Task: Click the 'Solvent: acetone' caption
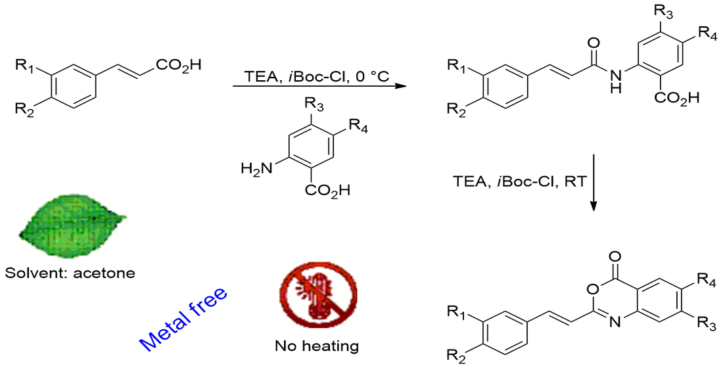(70, 273)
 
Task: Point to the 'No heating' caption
(317, 346)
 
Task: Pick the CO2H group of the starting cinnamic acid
(179, 65)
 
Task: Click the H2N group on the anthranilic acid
(256, 170)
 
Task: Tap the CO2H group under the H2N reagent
(327, 189)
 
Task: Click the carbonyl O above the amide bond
(594, 44)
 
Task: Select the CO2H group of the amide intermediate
(676, 97)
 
